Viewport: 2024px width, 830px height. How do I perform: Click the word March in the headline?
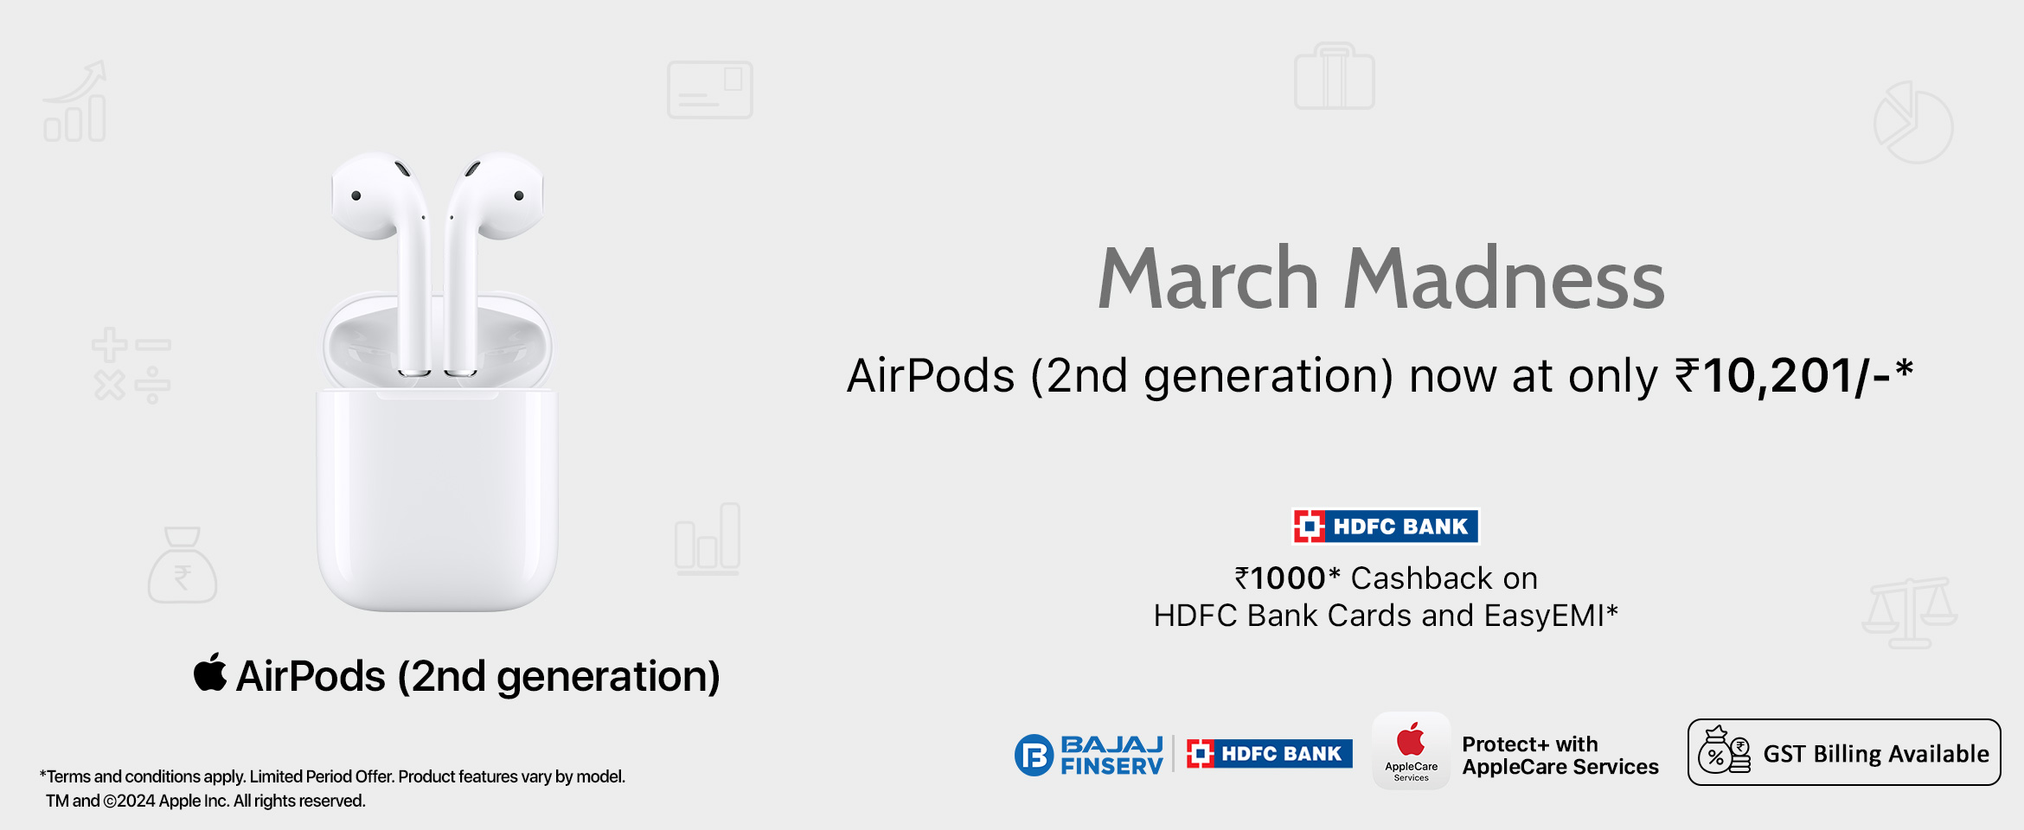tap(1208, 278)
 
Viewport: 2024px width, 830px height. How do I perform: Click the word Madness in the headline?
tap(1504, 278)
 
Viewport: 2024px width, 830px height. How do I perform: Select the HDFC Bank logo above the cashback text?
tap(1386, 526)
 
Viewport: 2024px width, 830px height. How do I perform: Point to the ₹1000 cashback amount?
tap(1280, 578)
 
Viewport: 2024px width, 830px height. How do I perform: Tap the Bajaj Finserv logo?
tap(1089, 755)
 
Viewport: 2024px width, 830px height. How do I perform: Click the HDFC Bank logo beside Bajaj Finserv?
tap(1269, 754)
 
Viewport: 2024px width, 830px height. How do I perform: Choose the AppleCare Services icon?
tap(1412, 750)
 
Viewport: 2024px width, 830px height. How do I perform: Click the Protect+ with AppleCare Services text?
tap(1560, 756)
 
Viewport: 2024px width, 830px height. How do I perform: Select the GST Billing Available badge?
tap(1844, 752)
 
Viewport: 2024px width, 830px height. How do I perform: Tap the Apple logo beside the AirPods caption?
tap(210, 673)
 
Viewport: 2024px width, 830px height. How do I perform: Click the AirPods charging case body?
tap(438, 500)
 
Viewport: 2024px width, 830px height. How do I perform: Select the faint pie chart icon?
tap(1913, 123)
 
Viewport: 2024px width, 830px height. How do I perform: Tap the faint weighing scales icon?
tap(1909, 613)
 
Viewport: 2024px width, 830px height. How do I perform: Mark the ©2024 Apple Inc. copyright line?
tap(206, 801)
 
